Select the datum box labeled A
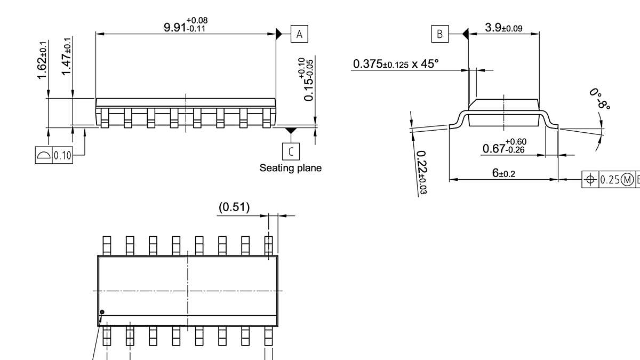(x=299, y=34)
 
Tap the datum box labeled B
(x=440, y=34)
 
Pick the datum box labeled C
(x=291, y=151)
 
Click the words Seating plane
(x=291, y=168)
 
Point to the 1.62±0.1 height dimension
(x=42, y=60)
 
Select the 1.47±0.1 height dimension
(x=67, y=56)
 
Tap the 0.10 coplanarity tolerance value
(x=62, y=155)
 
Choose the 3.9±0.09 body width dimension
(x=504, y=28)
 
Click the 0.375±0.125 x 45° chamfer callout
(x=395, y=64)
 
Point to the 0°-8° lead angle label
(x=600, y=99)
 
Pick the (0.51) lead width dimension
(x=234, y=207)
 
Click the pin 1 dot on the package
(x=102, y=313)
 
